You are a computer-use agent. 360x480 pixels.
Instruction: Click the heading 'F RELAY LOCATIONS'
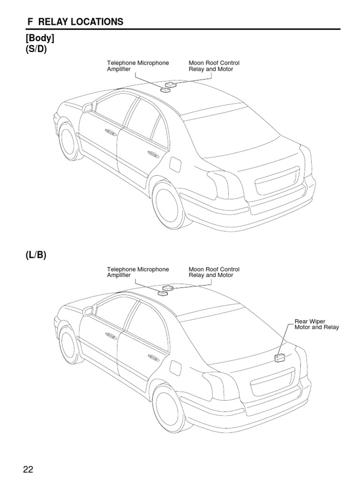tap(75, 22)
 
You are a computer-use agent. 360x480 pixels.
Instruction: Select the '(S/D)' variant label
tap(37, 50)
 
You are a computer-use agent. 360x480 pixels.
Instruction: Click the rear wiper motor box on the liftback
tap(280, 358)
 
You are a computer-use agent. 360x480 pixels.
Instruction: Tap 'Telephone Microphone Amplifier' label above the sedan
tap(138, 66)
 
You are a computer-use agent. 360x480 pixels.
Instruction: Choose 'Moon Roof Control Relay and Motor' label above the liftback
tap(214, 272)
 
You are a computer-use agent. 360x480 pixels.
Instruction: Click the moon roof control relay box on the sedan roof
tap(170, 85)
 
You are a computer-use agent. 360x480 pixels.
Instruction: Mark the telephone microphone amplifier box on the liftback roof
tap(163, 293)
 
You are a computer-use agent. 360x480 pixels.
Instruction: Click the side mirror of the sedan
tap(87, 108)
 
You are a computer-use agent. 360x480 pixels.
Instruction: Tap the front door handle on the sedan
tap(111, 132)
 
